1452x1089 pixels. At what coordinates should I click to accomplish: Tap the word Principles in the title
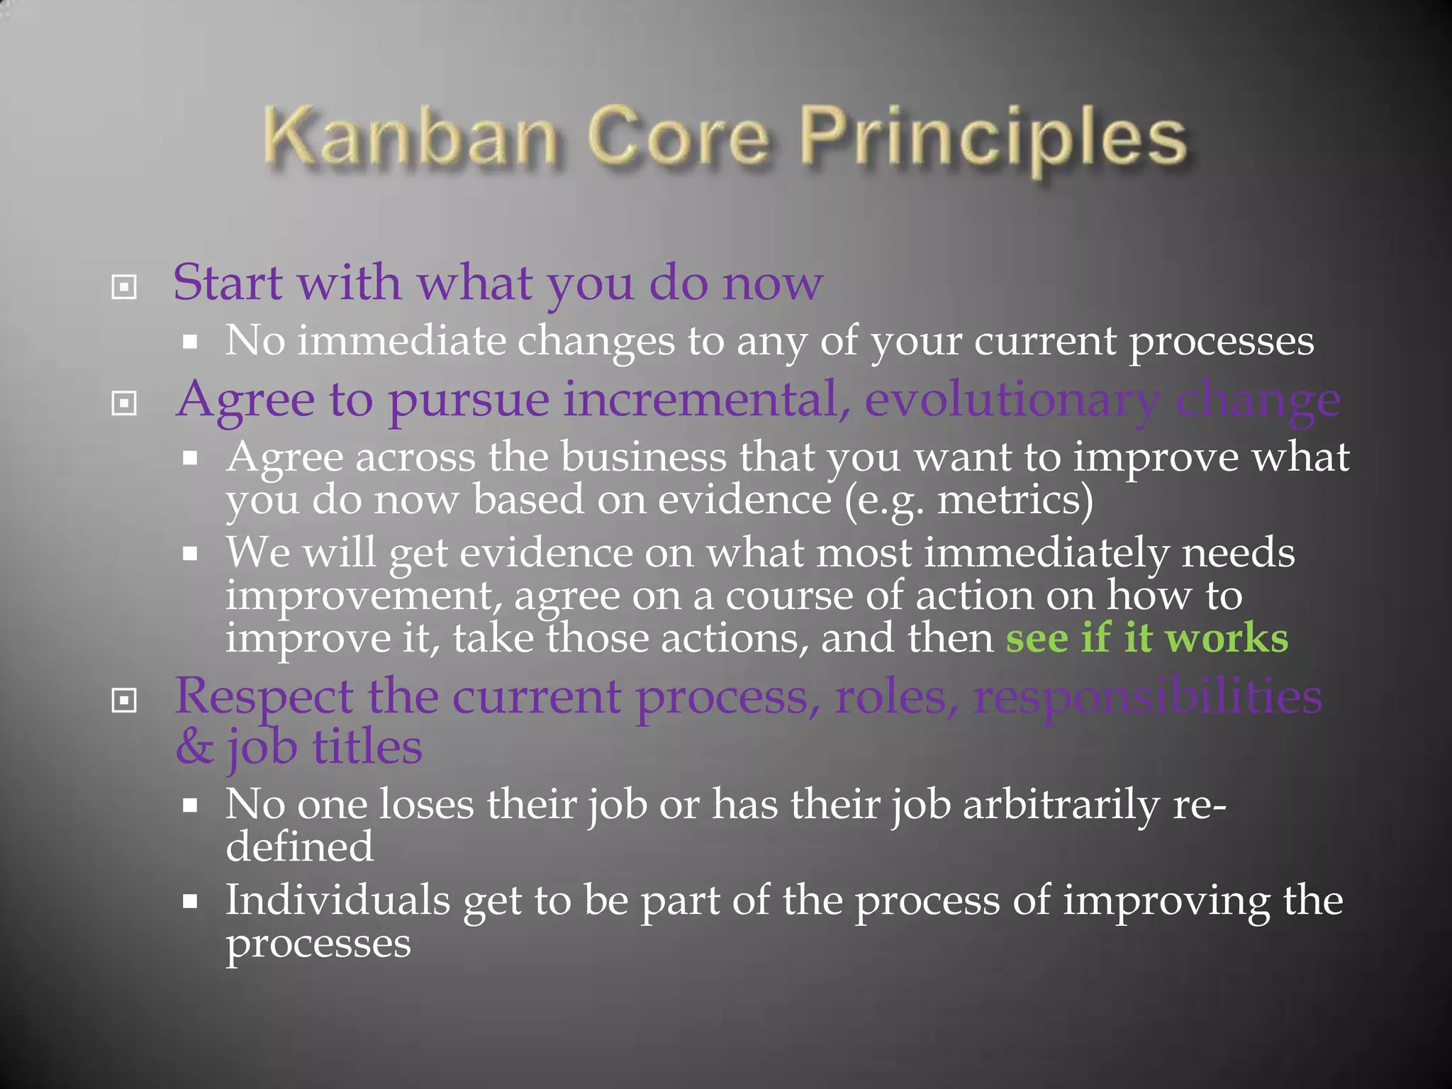[993, 138]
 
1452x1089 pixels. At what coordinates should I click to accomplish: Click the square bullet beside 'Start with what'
[124, 287]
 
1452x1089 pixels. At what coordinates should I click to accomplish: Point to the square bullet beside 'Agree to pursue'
[124, 403]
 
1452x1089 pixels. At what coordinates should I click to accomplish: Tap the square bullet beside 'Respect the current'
[124, 701]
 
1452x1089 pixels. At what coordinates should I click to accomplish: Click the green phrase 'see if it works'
[1146, 637]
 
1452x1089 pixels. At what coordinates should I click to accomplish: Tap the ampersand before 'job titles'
[194, 747]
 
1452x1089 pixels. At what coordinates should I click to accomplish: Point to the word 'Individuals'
[337, 900]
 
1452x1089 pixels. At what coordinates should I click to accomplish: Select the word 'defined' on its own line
[299, 847]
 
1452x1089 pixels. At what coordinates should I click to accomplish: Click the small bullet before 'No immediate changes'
[189, 342]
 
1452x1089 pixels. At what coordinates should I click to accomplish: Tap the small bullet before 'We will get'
[189, 553]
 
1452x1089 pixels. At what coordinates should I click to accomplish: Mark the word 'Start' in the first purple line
[228, 284]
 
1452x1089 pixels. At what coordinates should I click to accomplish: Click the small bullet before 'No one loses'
[189, 805]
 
